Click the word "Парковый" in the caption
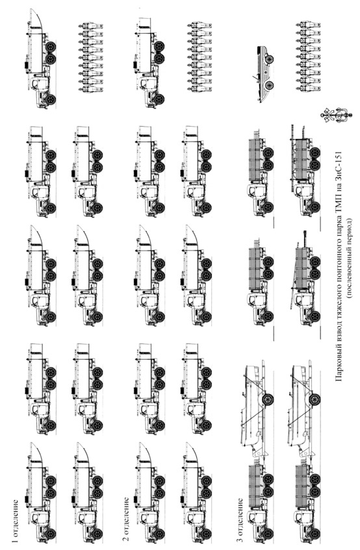(340, 361)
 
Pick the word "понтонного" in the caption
(340, 278)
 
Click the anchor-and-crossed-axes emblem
(335, 115)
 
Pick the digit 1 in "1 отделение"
(15, 540)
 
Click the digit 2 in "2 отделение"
(126, 541)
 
